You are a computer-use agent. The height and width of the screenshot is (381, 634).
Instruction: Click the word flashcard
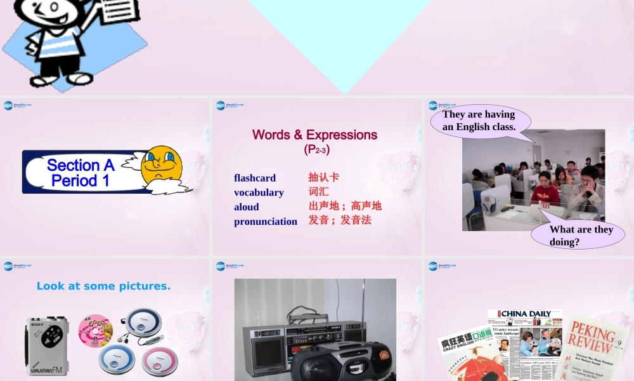point(255,178)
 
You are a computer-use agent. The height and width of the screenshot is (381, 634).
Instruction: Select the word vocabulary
point(259,192)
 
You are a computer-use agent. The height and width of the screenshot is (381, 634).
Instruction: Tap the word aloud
point(247,207)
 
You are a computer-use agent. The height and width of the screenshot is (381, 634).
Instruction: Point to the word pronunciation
point(266,222)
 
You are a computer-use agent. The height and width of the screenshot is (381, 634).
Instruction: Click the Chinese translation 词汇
point(319,191)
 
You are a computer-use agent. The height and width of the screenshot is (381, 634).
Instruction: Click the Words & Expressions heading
point(314,135)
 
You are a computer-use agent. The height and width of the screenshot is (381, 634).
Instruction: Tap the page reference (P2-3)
point(316,150)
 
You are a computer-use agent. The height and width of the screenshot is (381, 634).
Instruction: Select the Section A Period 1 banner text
point(81,173)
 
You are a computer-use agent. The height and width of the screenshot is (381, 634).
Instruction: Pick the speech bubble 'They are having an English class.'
point(479,121)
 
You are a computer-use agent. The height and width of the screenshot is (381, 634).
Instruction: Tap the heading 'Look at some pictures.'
point(103,286)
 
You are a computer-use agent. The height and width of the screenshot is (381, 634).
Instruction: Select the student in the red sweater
point(544,190)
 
